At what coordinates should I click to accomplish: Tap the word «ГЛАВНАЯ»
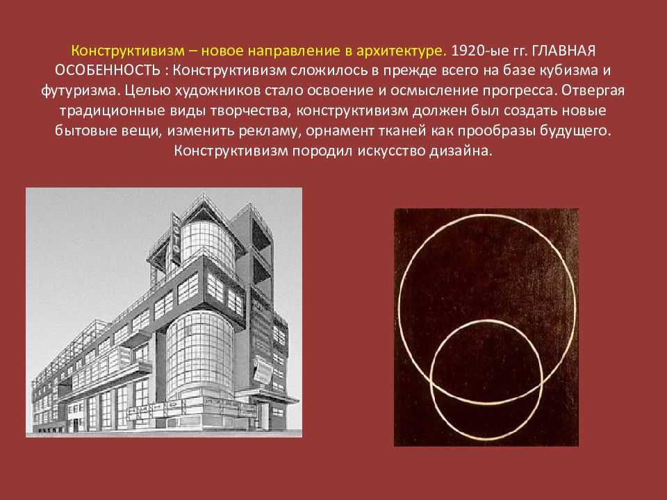coord(563,51)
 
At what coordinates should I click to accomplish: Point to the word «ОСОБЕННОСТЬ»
coord(108,70)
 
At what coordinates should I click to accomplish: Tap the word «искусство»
coord(391,151)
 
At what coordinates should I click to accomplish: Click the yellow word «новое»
coord(222,51)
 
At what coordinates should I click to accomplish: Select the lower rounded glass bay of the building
coord(200,355)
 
